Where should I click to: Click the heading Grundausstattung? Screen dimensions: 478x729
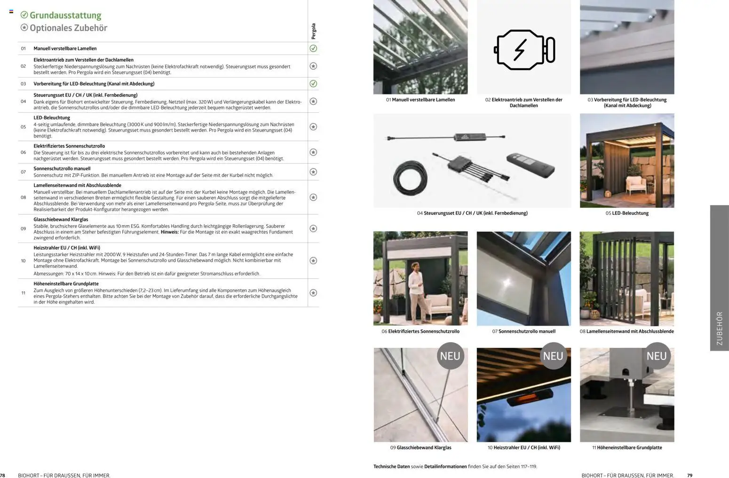point(65,16)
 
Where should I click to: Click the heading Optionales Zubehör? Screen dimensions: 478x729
point(68,28)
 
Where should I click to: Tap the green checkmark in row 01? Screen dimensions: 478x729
point(313,48)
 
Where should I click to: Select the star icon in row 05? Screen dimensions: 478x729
point(313,127)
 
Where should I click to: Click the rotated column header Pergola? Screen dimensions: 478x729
point(314,31)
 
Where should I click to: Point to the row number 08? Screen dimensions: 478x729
point(23,197)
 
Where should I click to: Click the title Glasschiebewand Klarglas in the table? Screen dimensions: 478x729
point(61,219)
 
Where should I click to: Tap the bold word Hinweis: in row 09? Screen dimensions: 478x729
point(169,232)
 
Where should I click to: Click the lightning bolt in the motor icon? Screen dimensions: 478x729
point(520,50)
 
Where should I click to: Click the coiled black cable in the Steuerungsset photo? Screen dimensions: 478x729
point(411,178)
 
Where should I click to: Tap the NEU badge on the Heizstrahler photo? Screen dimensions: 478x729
point(553,356)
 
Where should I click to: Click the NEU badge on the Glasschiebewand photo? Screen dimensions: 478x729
point(450,356)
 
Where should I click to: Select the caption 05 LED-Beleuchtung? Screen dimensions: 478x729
point(627,213)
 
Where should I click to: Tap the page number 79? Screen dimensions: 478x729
point(690,476)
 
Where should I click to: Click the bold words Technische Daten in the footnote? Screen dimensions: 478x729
point(391,467)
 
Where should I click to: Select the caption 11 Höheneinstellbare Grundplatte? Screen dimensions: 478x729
point(627,448)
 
